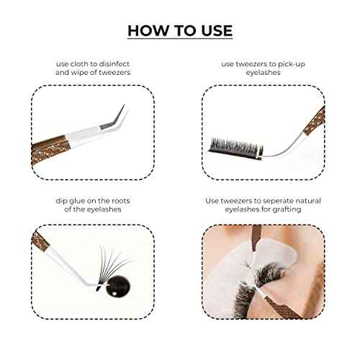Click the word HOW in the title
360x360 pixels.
(x=147, y=30)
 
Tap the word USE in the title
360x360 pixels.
(x=214, y=30)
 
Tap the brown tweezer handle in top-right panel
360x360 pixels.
(x=312, y=117)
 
